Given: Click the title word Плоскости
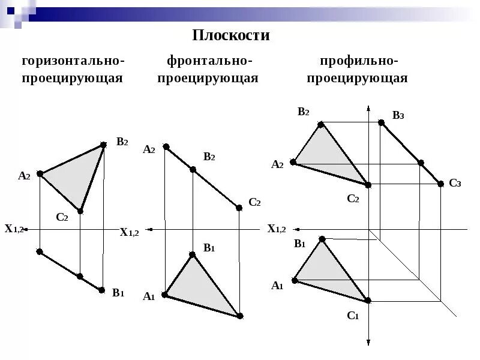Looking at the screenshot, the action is click(x=231, y=35).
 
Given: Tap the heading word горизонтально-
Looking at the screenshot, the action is click(x=73, y=61).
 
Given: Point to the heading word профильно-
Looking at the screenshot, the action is click(x=359, y=61).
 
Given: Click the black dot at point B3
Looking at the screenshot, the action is click(x=381, y=122).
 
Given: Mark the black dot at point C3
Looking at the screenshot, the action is click(x=441, y=184).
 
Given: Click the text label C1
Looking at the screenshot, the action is click(x=352, y=316).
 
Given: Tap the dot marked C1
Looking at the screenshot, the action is click(x=368, y=300).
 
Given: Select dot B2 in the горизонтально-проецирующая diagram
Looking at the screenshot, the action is click(x=104, y=145).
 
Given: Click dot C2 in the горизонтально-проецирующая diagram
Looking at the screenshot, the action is click(x=80, y=211).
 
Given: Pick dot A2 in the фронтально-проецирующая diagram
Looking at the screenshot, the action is click(x=166, y=147).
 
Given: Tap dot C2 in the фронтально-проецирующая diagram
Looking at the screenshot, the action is click(x=239, y=208).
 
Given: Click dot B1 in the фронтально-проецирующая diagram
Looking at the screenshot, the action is click(x=193, y=255).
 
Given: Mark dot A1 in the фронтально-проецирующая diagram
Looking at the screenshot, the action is click(x=165, y=295).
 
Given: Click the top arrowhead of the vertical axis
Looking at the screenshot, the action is click(x=368, y=108).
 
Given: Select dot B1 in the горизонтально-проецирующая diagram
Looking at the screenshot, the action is click(x=102, y=290).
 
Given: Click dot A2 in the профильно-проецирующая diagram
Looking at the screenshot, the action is click(x=293, y=162).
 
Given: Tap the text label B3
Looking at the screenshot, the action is click(x=398, y=116).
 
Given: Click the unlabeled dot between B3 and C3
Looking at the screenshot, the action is click(x=421, y=163).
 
